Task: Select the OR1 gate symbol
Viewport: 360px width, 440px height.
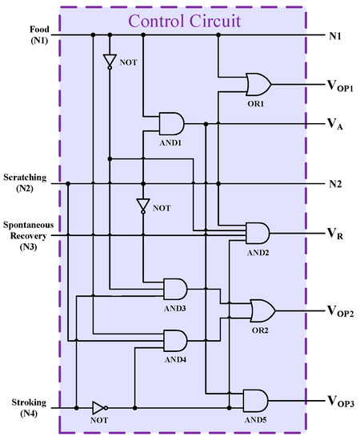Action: [258, 83]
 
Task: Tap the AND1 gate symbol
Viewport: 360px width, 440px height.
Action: [171, 123]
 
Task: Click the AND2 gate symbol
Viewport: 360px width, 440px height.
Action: [257, 233]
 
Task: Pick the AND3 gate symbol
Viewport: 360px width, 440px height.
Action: [174, 288]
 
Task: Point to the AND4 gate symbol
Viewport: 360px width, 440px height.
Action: [174, 341]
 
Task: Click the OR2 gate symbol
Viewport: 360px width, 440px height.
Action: [261, 308]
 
